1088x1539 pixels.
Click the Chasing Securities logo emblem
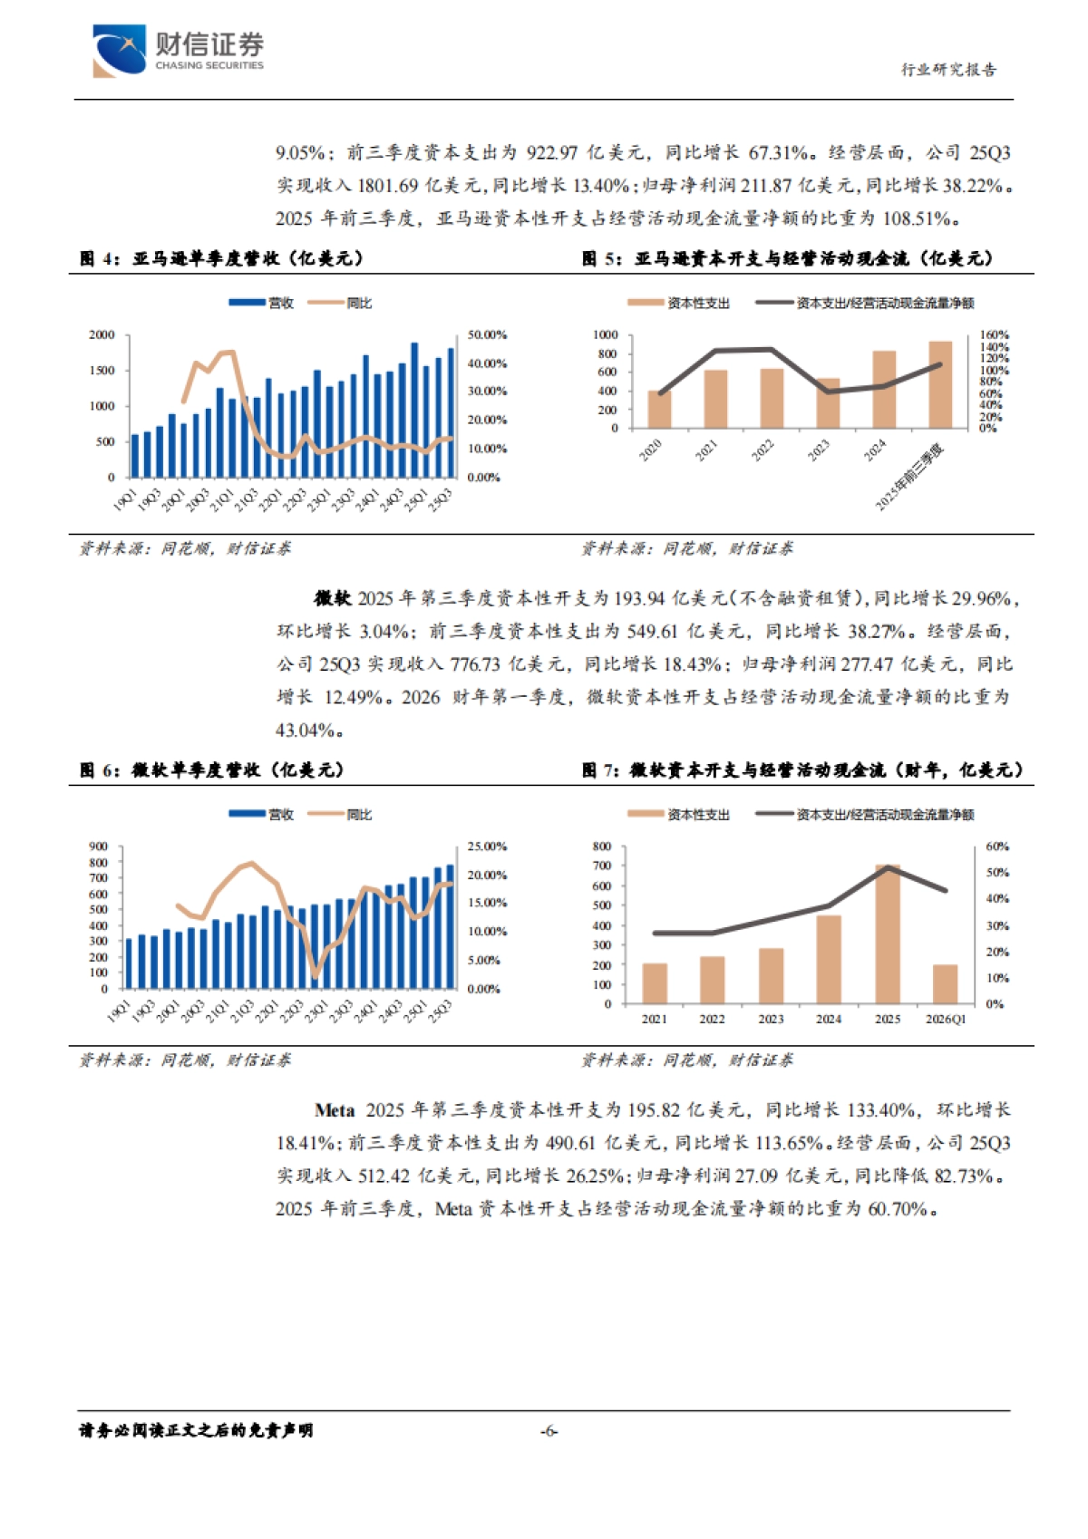click(119, 51)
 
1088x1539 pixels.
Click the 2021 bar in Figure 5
click(715, 399)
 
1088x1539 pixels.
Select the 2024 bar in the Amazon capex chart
click(884, 390)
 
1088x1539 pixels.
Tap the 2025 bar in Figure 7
click(888, 934)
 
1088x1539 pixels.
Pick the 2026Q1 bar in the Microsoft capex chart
click(946, 984)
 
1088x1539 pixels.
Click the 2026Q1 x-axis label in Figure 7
click(946, 1020)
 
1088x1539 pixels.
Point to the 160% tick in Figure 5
click(994, 335)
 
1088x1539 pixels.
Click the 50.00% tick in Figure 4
click(487, 335)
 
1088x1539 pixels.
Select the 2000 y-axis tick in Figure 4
click(102, 335)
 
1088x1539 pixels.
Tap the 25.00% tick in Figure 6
click(487, 847)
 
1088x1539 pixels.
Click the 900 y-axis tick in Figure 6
click(98, 847)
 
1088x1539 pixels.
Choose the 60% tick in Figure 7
click(996, 847)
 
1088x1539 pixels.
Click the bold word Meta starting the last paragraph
click(334, 1110)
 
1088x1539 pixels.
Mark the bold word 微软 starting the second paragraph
click(332, 598)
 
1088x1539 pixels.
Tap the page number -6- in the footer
click(549, 1431)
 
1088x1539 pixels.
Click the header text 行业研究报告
click(948, 70)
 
